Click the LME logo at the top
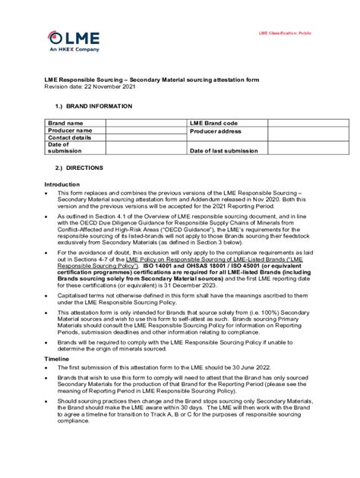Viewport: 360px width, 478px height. [65, 37]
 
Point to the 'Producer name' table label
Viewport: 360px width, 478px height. [71, 131]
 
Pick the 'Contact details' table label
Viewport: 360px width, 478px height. [70, 137]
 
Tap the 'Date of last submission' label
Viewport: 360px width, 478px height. [224, 150]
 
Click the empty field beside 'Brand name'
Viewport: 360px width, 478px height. [146, 123]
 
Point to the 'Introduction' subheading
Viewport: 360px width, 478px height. [62, 184]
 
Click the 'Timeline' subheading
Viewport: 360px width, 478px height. [56, 357]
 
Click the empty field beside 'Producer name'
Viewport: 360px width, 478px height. [146, 131]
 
